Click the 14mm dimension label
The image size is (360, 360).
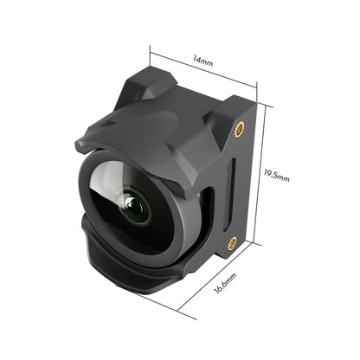pyautogui.click(x=203, y=62)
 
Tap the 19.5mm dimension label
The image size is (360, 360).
pyautogui.click(x=277, y=177)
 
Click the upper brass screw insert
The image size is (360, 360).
pyautogui.click(x=240, y=127)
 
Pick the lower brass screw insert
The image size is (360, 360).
pyautogui.click(x=232, y=244)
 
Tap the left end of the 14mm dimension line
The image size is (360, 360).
pyautogui.click(x=150, y=50)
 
